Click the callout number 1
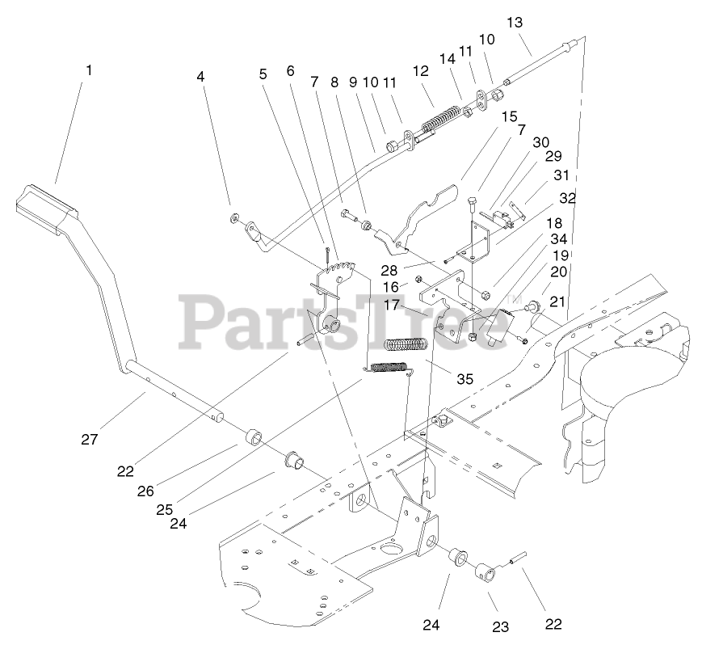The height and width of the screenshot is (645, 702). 89,70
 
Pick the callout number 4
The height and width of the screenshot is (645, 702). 200,77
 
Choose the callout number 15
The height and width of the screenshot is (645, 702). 507,116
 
